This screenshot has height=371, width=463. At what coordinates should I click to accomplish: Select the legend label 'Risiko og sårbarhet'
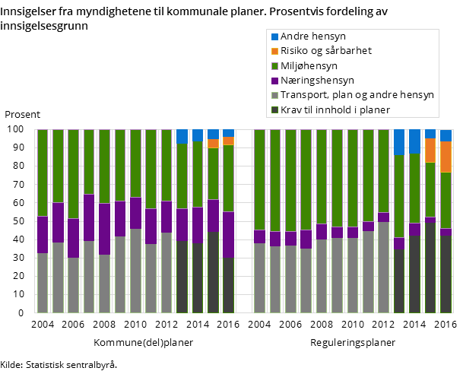326,51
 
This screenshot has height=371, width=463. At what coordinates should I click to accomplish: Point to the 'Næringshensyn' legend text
317,80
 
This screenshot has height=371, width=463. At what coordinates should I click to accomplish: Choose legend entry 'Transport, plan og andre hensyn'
357,95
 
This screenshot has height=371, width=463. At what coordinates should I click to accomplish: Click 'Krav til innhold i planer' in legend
335,109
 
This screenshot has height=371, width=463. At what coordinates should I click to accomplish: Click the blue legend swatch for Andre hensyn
275,36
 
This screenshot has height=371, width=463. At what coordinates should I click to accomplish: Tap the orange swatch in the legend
275,51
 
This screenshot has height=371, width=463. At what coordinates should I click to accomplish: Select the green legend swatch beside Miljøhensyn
275,65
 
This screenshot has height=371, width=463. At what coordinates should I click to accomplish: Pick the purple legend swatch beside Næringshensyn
275,80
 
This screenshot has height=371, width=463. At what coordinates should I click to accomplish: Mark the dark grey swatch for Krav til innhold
275,109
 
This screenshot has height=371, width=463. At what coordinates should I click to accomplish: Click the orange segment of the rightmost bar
446,157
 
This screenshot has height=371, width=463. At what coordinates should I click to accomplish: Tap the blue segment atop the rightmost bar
446,135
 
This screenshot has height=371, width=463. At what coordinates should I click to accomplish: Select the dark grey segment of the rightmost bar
446,274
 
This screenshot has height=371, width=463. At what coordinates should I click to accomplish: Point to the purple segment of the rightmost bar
446,232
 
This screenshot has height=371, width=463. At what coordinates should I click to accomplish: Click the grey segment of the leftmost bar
43,282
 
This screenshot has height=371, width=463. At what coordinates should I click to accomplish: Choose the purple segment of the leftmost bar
43,234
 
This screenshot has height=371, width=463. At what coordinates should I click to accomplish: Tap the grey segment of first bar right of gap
259,277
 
